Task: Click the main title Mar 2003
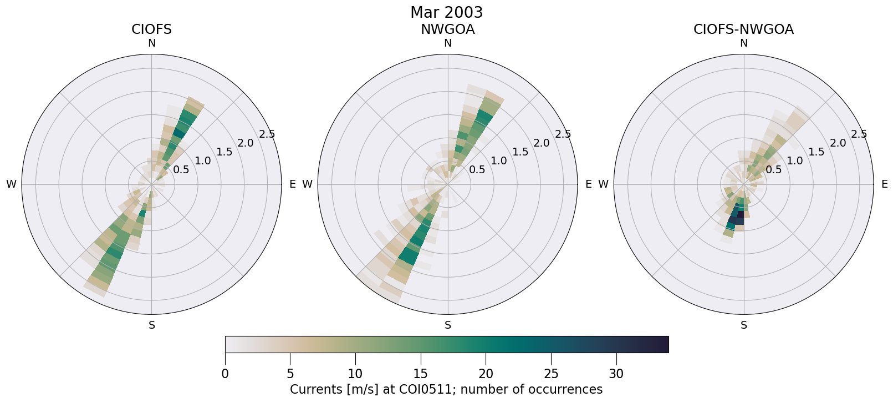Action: (x=446, y=12)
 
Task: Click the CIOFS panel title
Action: (x=151, y=29)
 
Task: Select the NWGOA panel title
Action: (x=447, y=29)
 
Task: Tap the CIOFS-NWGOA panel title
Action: (x=743, y=29)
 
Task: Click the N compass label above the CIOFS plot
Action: (x=151, y=43)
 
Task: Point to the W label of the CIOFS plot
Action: (x=11, y=184)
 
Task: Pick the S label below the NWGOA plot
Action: (x=448, y=325)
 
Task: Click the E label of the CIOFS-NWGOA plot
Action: (x=884, y=184)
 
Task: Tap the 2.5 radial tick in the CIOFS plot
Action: (x=267, y=134)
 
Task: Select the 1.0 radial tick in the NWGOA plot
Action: (x=499, y=161)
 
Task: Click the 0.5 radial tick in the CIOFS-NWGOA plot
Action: (x=773, y=169)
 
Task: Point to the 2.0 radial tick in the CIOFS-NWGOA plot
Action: (x=838, y=143)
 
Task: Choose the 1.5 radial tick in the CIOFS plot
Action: (x=224, y=152)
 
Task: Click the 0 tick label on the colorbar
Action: (x=225, y=374)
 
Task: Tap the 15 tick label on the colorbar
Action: (x=421, y=374)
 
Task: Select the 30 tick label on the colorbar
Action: (x=616, y=374)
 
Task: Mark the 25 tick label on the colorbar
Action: (x=551, y=374)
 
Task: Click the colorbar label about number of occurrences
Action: (x=446, y=389)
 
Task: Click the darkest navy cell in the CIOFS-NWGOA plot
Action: (x=740, y=214)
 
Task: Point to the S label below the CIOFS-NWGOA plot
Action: (x=744, y=325)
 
